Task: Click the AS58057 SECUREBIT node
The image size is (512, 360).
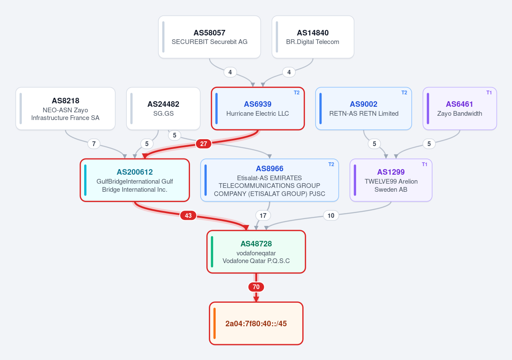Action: tap(209, 37)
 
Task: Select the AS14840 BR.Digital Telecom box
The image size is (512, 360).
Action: tap(313, 37)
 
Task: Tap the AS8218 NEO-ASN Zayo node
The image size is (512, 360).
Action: tap(65, 108)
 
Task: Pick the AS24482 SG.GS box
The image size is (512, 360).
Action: tap(163, 108)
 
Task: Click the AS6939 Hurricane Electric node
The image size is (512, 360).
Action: tap(257, 108)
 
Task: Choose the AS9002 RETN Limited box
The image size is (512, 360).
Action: tap(363, 108)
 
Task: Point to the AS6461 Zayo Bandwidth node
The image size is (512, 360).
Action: tap(460, 108)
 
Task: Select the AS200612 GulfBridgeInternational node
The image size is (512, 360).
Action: tap(135, 180)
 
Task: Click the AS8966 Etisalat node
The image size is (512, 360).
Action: tap(269, 180)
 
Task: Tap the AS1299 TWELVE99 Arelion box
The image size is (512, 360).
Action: tap(391, 180)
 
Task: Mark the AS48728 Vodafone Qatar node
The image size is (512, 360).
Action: tap(256, 252)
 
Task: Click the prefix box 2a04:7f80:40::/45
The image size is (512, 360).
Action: tap(256, 323)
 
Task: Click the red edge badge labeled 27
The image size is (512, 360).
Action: tap(203, 144)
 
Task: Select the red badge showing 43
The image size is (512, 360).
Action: tap(188, 216)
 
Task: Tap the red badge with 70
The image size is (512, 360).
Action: tap(256, 287)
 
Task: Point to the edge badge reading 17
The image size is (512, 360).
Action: tap(263, 216)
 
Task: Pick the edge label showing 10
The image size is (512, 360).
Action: tap(331, 216)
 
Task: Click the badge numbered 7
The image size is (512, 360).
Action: tap(94, 144)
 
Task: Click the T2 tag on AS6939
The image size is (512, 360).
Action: tap(296, 93)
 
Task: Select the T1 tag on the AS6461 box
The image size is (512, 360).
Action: tap(489, 93)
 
